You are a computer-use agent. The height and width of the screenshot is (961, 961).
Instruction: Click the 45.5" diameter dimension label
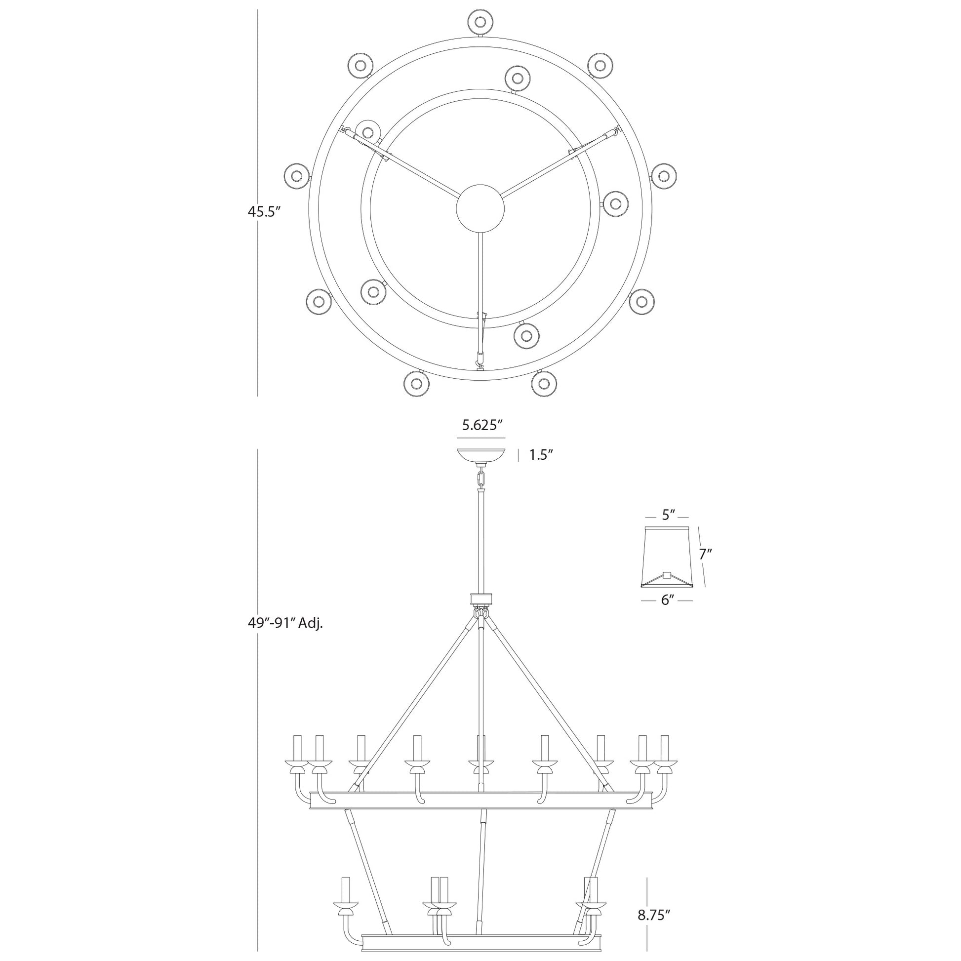click(x=265, y=212)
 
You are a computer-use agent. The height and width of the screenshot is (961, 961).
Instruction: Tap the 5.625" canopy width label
click(x=481, y=425)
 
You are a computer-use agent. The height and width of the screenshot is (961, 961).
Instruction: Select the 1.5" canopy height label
click(x=541, y=455)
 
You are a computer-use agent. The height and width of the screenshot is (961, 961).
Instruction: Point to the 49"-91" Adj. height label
click(x=285, y=624)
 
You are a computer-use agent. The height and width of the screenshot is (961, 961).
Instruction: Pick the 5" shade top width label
click(x=667, y=516)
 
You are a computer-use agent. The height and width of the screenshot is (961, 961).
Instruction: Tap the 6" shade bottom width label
click(x=667, y=601)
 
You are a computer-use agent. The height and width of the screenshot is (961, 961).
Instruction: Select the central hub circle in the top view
click(x=480, y=208)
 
